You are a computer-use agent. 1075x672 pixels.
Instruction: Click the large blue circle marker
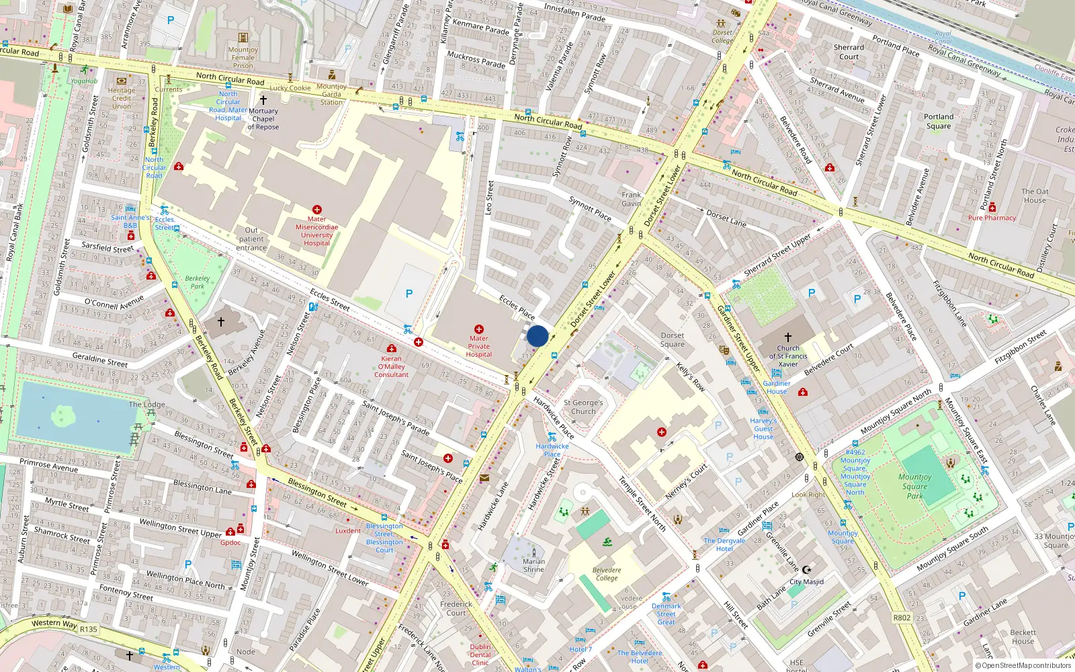pos(537,336)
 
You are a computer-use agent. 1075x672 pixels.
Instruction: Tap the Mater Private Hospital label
pos(479,347)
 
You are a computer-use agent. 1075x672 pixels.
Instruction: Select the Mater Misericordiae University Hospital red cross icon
pos(316,210)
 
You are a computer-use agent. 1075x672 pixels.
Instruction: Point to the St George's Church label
pos(583,407)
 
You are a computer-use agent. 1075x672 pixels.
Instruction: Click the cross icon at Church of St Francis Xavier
pos(788,337)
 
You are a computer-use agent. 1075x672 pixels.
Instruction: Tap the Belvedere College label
pos(607,574)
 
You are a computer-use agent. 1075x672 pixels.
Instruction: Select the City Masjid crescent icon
pos(807,570)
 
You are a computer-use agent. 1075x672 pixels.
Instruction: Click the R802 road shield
pos(902,618)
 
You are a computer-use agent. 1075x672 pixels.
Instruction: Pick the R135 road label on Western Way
pos(89,630)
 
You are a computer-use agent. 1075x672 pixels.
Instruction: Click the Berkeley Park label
pos(197,282)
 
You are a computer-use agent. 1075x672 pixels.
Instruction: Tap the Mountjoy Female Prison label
pos(243,57)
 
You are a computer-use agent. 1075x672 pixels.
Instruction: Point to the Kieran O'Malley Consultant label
pos(391,367)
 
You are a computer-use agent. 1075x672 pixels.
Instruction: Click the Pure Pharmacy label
pos(992,218)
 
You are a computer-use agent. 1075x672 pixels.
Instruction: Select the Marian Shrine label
pos(533,565)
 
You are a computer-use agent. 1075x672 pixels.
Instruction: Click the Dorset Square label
pos(673,340)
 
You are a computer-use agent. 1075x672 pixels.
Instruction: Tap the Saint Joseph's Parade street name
pos(396,417)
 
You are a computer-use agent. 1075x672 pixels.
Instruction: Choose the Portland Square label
pos(939,121)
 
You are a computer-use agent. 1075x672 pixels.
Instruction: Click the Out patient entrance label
pos(251,239)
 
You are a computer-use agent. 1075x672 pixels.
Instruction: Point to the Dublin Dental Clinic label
pos(480,655)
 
